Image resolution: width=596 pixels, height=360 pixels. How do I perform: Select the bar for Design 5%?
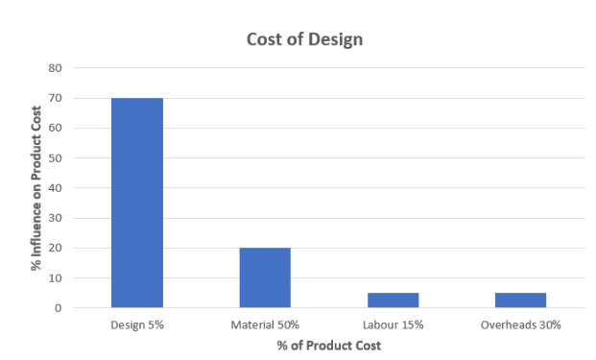(x=137, y=203)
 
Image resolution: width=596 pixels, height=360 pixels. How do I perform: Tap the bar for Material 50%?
(x=265, y=277)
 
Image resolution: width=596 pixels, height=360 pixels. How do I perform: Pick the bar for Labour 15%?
(x=393, y=300)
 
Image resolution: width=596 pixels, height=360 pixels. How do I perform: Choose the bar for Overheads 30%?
(x=520, y=300)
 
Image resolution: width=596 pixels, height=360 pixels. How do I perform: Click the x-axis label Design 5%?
(x=137, y=324)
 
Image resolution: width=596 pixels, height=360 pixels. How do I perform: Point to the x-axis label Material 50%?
(x=265, y=324)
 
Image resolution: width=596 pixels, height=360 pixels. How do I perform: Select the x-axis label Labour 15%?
(x=393, y=324)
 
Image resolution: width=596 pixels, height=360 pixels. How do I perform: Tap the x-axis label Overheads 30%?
(x=520, y=324)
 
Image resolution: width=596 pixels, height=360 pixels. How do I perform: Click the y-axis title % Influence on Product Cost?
(x=36, y=187)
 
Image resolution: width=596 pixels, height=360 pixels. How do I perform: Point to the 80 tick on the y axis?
(x=56, y=68)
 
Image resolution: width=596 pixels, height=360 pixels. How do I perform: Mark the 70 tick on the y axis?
(x=56, y=98)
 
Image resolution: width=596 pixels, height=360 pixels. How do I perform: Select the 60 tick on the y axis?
(x=56, y=128)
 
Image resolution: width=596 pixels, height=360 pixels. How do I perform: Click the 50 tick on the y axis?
(x=56, y=158)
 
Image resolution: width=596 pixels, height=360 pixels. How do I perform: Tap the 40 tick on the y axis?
(x=56, y=188)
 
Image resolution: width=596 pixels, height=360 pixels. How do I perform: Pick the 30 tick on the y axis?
(x=56, y=218)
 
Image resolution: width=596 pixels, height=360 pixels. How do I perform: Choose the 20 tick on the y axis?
(x=56, y=248)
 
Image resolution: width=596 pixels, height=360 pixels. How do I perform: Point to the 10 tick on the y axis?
(x=56, y=278)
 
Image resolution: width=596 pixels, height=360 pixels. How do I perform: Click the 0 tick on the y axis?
(x=59, y=308)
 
